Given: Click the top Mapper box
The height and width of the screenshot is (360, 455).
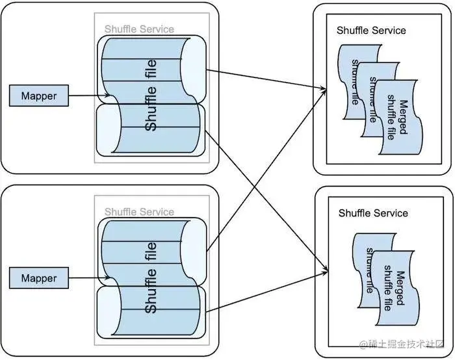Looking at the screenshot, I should (x=39, y=96).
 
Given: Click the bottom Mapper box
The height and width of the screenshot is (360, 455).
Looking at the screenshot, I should (x=39, y=278).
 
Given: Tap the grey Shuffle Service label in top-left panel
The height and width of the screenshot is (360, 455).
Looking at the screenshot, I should (x=139, y=29).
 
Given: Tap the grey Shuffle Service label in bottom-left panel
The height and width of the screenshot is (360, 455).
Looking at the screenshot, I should (x=139, y=212).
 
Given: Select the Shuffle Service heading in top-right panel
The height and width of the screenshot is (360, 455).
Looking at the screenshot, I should (x=371, y=31).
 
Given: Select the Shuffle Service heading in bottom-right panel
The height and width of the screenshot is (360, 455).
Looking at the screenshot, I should (x=373, y=213).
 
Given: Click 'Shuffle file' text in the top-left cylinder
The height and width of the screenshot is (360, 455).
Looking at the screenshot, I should (x=151, y=95).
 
